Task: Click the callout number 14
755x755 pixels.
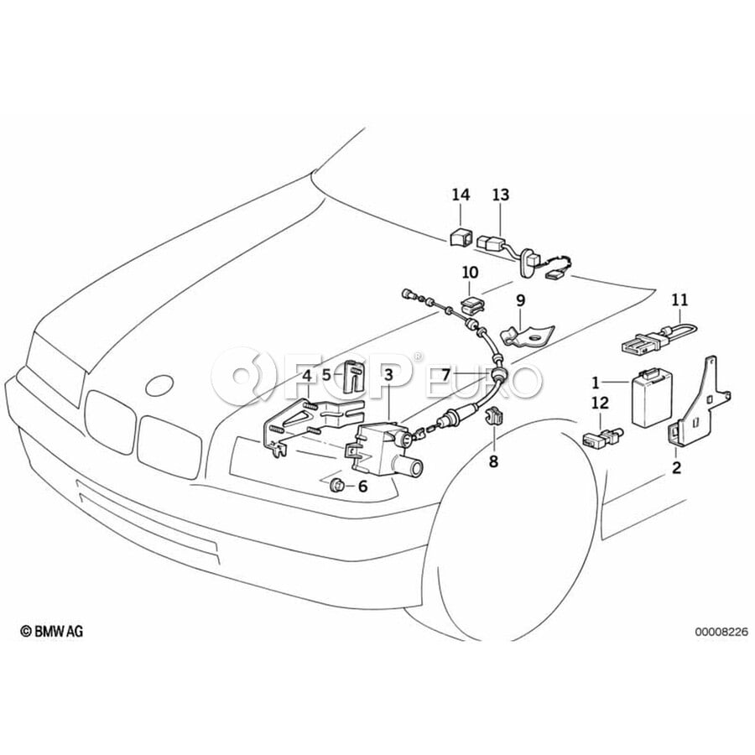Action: [x=461, y=195]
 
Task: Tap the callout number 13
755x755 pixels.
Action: [x=500, y=195]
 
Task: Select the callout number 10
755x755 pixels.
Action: [x=469, y=272]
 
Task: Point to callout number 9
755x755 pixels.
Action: [x=520, y=299]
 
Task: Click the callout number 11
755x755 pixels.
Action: [x=679, y=299]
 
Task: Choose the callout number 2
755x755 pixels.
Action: [x=676, y=467]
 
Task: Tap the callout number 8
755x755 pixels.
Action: [x=493, y=461]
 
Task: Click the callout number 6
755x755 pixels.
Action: [x=362, y=486]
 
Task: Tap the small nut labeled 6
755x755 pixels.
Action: [x=336, y=484]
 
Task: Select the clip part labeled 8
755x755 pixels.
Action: [x=492, y=417]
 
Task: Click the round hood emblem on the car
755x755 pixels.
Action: [x=160, y=386]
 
